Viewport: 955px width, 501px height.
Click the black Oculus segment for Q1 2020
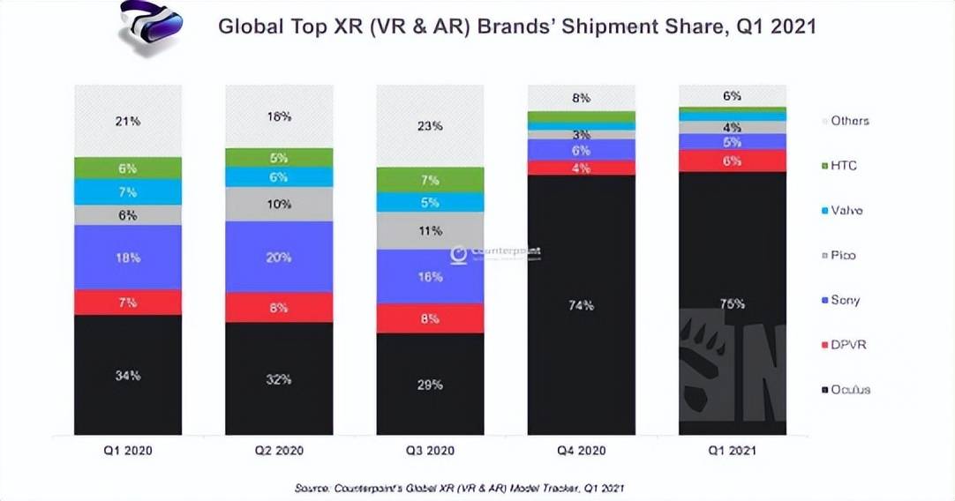(x=128, y=375)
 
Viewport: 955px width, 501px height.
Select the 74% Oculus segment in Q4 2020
(x=582, y=304)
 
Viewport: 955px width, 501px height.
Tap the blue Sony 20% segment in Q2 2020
(x=279, y=257)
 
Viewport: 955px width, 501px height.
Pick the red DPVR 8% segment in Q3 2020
(x=430, y=318)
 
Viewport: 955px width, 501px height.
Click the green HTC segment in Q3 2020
(x=430, y=180)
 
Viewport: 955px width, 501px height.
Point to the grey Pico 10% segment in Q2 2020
(x=279, y=204)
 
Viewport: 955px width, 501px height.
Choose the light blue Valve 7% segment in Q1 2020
(x=128, y=191)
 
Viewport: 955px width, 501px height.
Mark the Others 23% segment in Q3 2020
(x=430, y=125)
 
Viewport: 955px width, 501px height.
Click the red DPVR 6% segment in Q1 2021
(x=732, y=161)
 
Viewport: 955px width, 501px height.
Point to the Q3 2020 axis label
(x=430, y=450)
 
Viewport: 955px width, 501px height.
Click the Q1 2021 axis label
(x=732, y=450)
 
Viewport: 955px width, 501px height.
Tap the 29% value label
(x=430, y=385)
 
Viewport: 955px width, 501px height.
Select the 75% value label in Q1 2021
(x=732, y=304)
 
